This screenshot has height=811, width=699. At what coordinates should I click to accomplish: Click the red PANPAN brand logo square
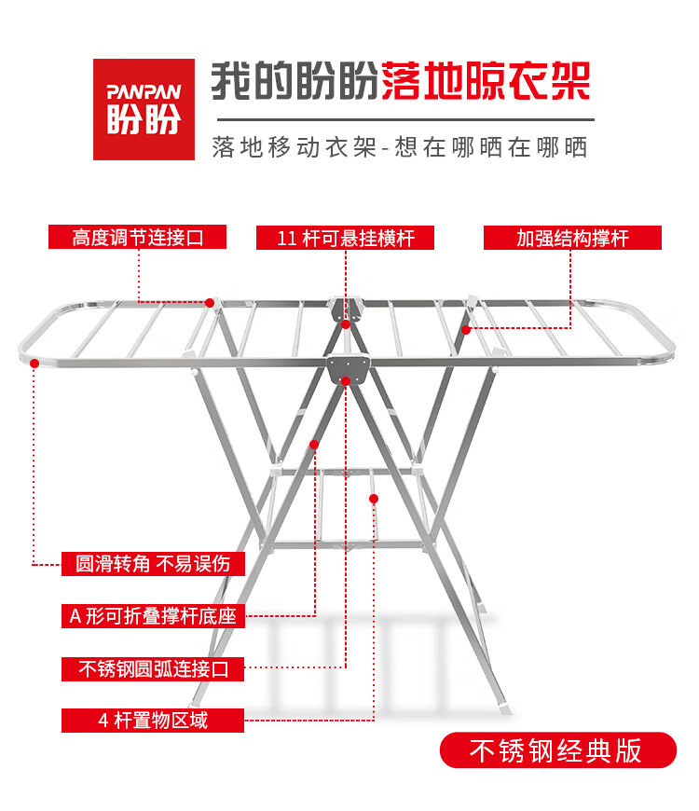(x=144, y=109)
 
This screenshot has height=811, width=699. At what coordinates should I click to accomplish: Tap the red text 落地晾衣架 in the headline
(x=486, y=81)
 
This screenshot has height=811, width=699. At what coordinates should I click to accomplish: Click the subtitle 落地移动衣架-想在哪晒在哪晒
(x=399, y=147)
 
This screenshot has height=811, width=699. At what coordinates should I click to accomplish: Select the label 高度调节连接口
(x=138, y=237)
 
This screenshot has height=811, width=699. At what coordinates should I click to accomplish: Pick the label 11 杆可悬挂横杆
(x=345, y=238)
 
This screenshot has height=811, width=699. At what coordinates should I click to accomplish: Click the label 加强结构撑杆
(x=572, y=238)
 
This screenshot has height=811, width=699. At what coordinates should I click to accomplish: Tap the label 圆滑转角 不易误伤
(x=153, y=563)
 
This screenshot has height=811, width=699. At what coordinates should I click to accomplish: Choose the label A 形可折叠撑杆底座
(x=153, y=616)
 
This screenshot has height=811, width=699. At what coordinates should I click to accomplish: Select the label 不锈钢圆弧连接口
(x=153, y=668)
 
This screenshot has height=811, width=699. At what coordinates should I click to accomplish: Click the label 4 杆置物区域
(x=153, y=721)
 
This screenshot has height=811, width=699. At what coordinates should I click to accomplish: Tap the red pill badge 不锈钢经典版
(x=558, y=750)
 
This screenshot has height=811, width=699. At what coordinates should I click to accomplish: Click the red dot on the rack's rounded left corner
(x=34, y=364)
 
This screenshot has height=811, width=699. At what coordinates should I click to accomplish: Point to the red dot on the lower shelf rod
(x=374, y=499)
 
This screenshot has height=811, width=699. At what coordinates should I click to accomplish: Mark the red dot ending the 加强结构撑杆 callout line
(x=466, y=329)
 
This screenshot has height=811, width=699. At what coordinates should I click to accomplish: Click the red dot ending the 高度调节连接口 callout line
(x=210, y=303)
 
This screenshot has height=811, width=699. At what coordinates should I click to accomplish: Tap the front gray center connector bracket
(x=349, y=367)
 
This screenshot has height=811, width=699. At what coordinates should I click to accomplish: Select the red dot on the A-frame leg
(x=314, y=445)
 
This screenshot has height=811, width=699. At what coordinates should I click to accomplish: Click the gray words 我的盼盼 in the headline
(x=295, y=81)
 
